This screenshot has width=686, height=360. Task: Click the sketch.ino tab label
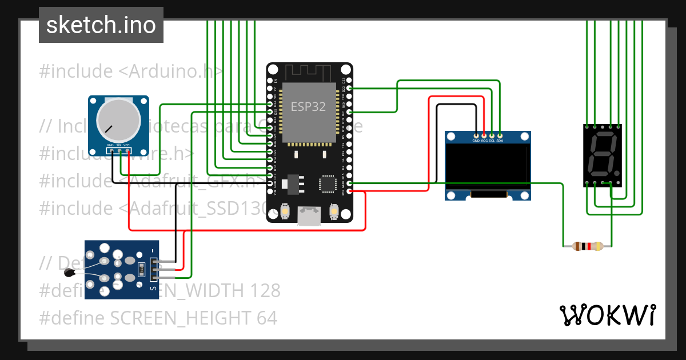101,25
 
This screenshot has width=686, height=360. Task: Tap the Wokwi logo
607,315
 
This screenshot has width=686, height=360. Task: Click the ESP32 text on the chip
309,106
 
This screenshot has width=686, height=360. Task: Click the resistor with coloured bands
587,246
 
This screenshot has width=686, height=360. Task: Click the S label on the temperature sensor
153,289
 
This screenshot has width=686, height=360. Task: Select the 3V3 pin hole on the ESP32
349,191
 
